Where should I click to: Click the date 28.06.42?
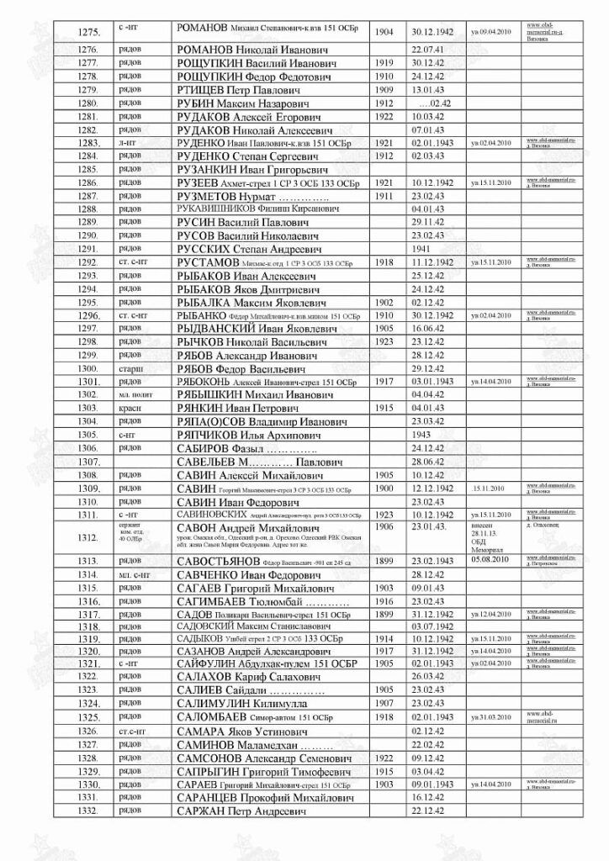click(429, 462)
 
